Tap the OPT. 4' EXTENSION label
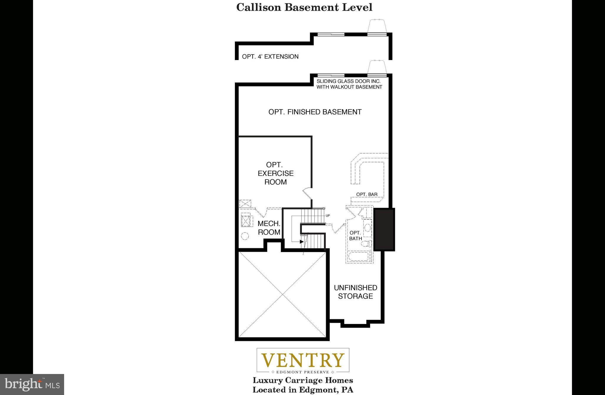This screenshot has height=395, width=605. pyautogui.click(x=270, y=57)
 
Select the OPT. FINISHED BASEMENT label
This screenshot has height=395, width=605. pyautogui.click(x=315, y=112)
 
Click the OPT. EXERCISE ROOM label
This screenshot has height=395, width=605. pyautogui.click(x=275, y=173)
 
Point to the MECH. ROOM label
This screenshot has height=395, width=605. pyautogui.click(x=269, y=228)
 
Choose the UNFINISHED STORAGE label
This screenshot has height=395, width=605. pyautogui.click(x=355, y=292)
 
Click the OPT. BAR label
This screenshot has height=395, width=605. pyautogui.click(x=367, y=194)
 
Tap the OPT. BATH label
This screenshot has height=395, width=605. pyautogui.click(x=355, y=236)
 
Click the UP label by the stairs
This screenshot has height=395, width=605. pyautogui.click(x=327, y=216)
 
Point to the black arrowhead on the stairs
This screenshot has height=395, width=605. pyautogui.click(x=302, y=242)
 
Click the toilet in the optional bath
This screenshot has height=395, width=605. pyautogui.click(x=367, y=244)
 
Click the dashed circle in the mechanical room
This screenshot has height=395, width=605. pyautogui.click(x=245, y=236)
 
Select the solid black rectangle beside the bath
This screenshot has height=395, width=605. pyautogui.click(x=384, y=229)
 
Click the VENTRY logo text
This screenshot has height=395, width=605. pyautogui.click(x=303, y=360)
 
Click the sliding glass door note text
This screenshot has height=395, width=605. pyautogui.click(x=349, y=84)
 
